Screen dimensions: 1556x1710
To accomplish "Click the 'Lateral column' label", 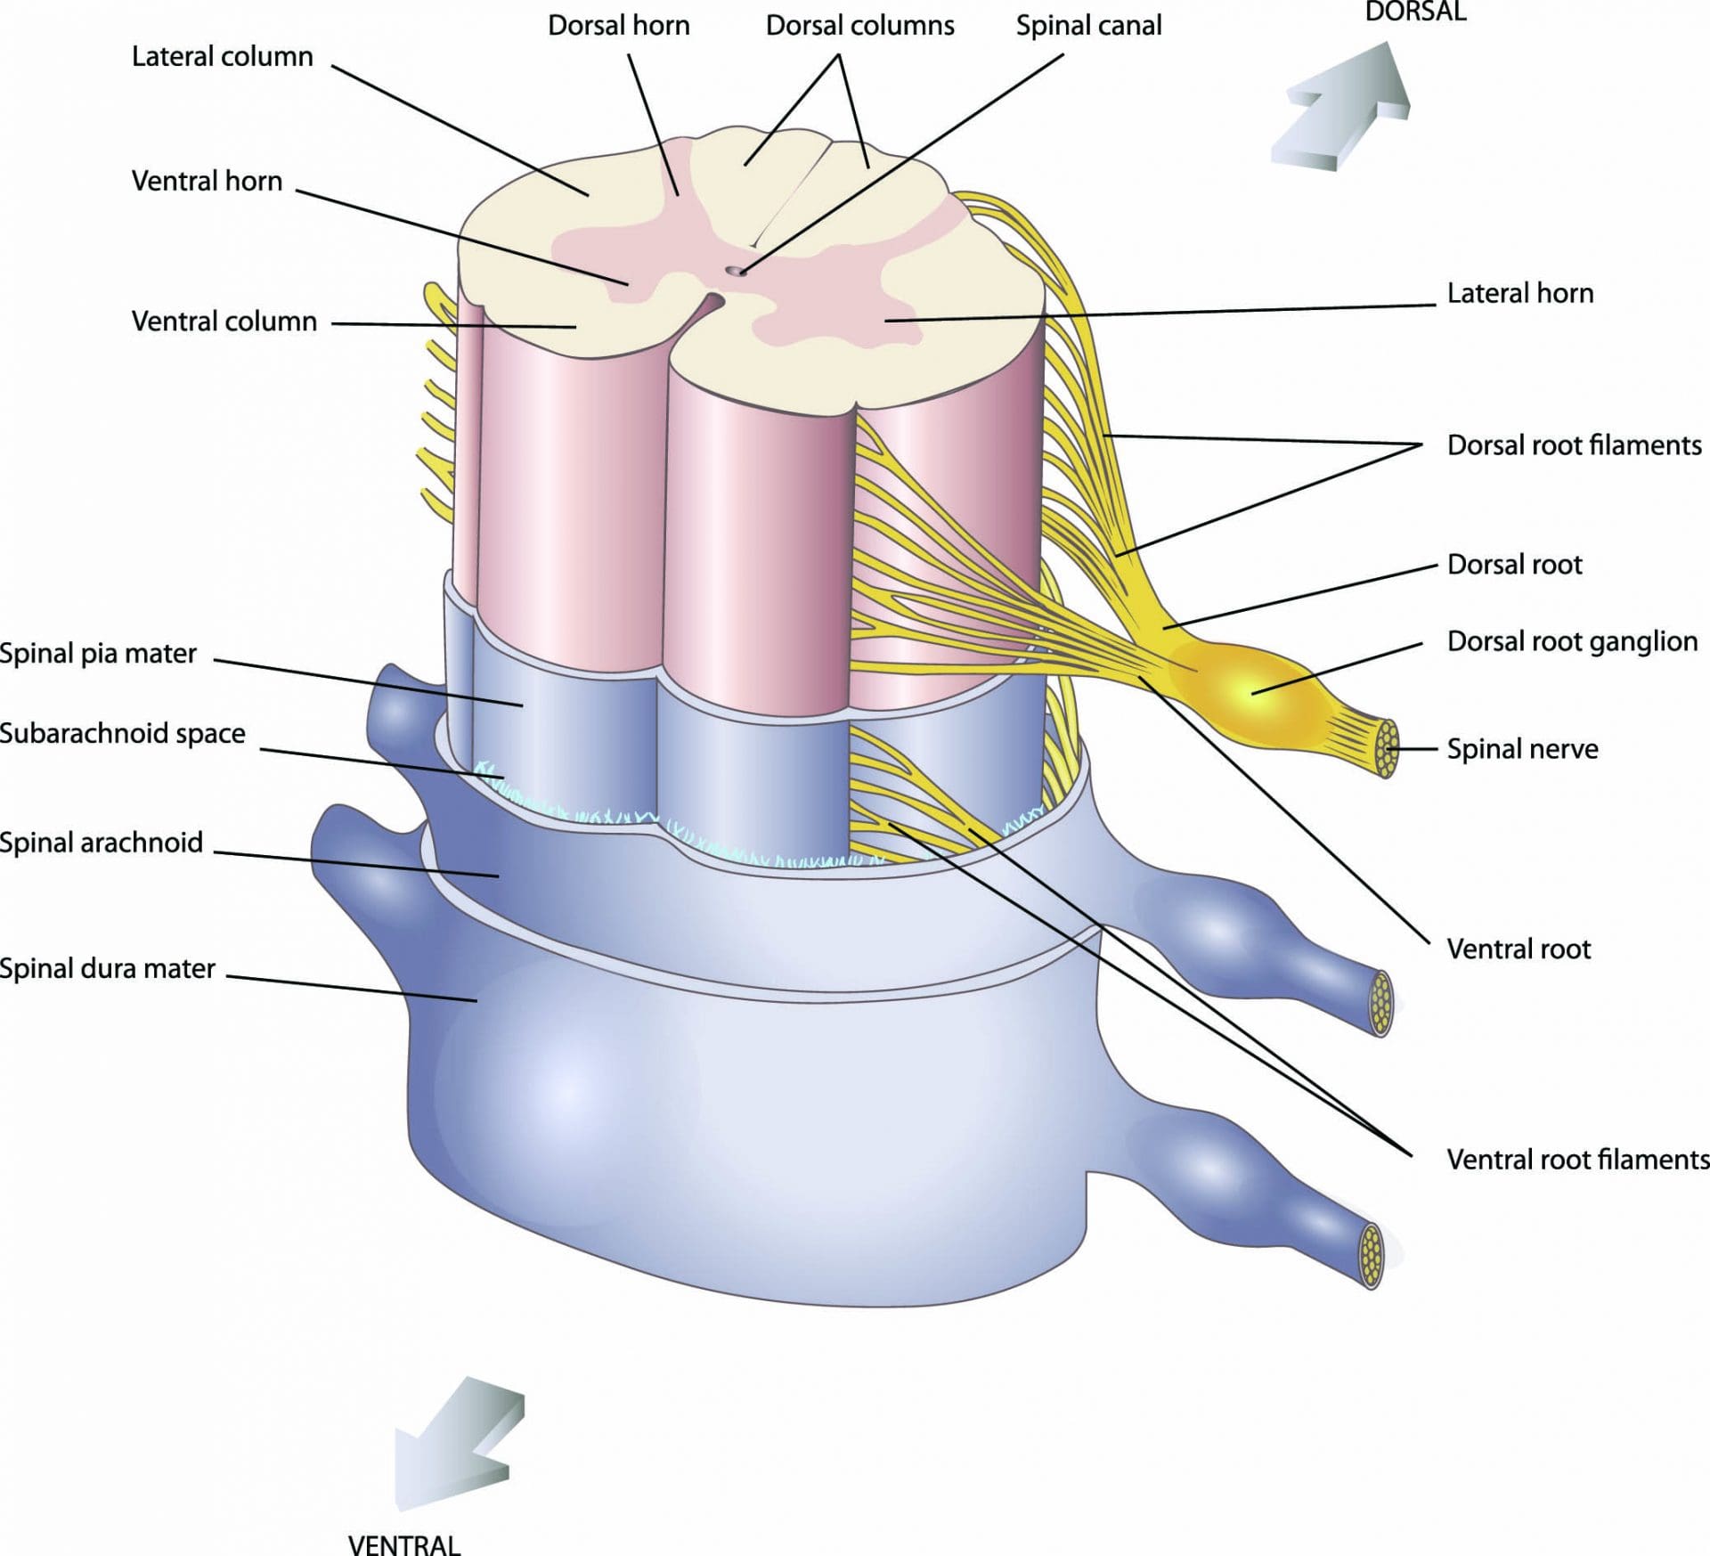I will [x=222, y=57].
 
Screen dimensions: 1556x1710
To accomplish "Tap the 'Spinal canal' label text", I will [x=1088, y=26].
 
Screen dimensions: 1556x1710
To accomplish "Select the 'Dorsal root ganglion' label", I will [x=1572, y=641].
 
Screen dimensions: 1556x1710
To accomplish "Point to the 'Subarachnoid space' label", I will [x=122, y=734].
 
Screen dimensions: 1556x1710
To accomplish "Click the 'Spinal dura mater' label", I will [x=107, y=968].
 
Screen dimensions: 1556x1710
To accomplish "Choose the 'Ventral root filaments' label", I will [x=1576, y=1160].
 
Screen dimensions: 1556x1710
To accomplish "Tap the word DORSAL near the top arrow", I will [x=1415, y=12].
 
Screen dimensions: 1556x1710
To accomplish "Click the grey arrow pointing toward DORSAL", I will [x=1345, y=107].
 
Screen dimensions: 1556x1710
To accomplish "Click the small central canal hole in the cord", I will [x=735, y=270].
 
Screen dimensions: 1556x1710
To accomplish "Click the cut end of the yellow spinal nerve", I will [x=1386, y=748].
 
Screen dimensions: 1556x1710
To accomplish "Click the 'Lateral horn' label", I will [x=1519, y=293].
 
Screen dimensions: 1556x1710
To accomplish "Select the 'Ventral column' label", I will [x=224, y=322].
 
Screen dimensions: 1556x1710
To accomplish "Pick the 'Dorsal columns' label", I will [x=859, y=26].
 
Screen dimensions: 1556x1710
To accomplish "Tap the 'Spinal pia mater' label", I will [x=98, y=654].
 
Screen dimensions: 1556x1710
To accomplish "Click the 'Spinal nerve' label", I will [x=1521, y=749].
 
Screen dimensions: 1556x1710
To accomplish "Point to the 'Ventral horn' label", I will [x=207, y=182].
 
